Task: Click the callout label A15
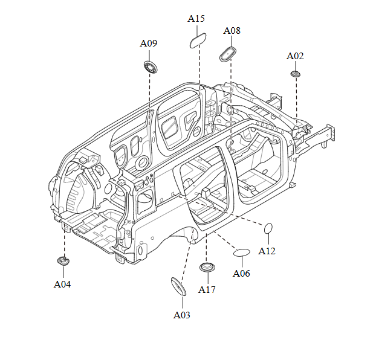196,19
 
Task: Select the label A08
232,30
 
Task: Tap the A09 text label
149,43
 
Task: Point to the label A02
295,56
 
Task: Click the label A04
62,284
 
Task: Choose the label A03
182,315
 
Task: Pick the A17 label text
207,290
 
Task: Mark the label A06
242,274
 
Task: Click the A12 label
267,251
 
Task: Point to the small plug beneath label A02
296,73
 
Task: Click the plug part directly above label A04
63,261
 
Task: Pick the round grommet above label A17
207,268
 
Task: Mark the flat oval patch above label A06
242,252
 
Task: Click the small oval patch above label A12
269,228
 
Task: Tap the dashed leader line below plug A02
296,97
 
